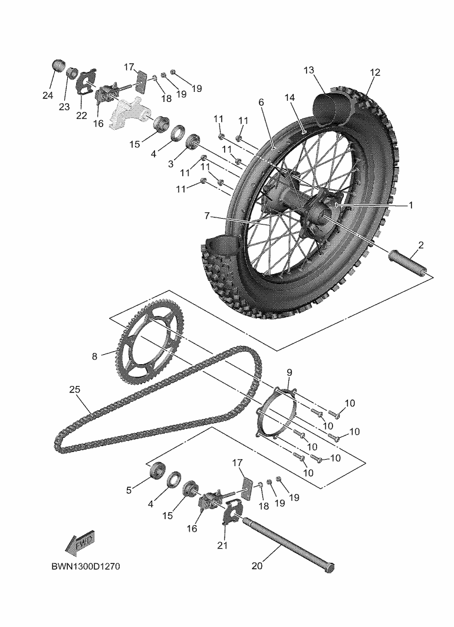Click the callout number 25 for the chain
74,390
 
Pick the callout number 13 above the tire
309,71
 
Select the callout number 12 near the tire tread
375,72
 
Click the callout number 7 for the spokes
207,216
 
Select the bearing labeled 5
158,470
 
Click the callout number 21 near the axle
222,545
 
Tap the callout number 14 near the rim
289,97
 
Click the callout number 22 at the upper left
81,115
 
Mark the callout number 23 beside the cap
64,107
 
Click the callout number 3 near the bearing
170,164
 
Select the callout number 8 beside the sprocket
94,356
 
